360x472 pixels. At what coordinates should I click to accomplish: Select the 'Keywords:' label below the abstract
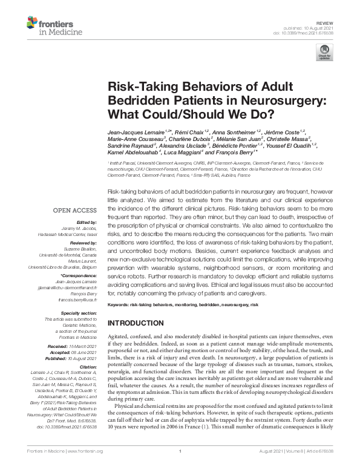pyautogui.click(x=119, y=304)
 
